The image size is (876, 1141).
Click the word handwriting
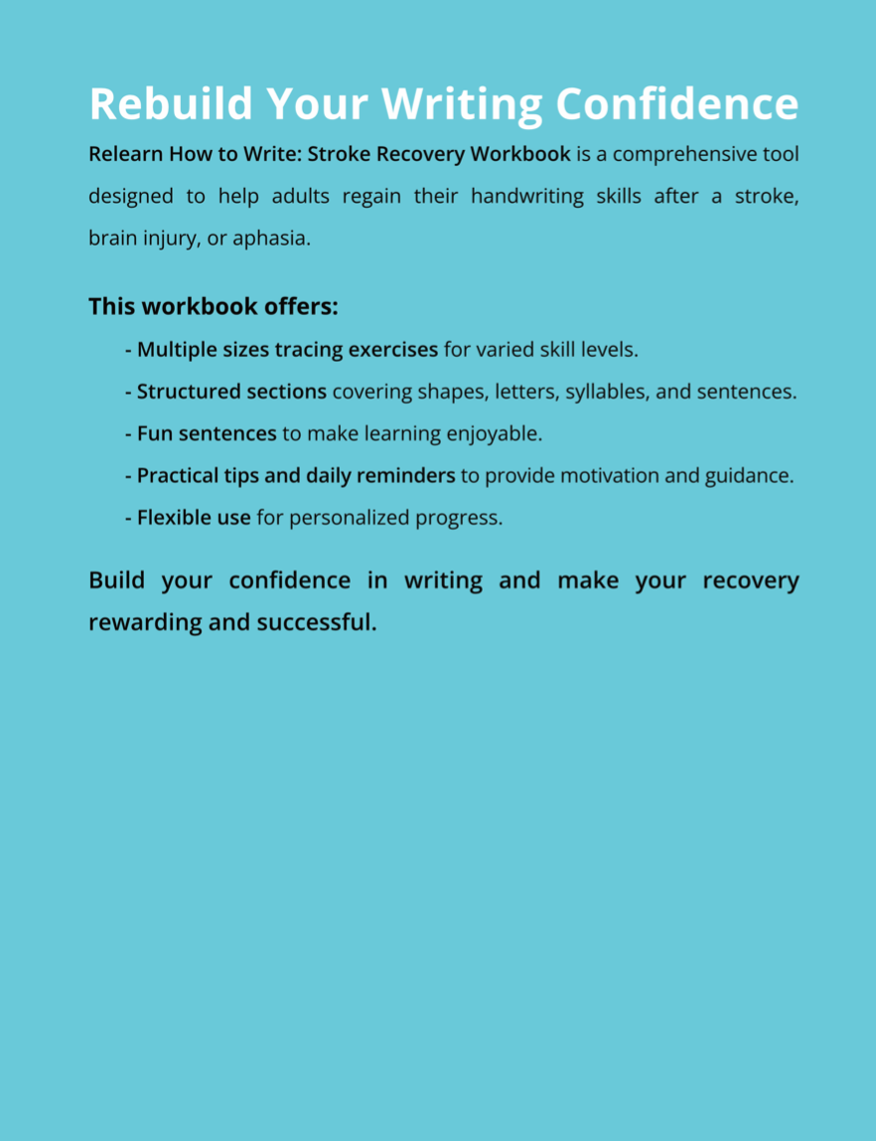527,196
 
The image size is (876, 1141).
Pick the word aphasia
271,239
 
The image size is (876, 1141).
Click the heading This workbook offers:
214,306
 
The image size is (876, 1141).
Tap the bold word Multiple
175,350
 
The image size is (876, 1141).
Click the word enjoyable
494,433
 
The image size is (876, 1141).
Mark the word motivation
608,475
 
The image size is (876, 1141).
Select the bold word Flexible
174,517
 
